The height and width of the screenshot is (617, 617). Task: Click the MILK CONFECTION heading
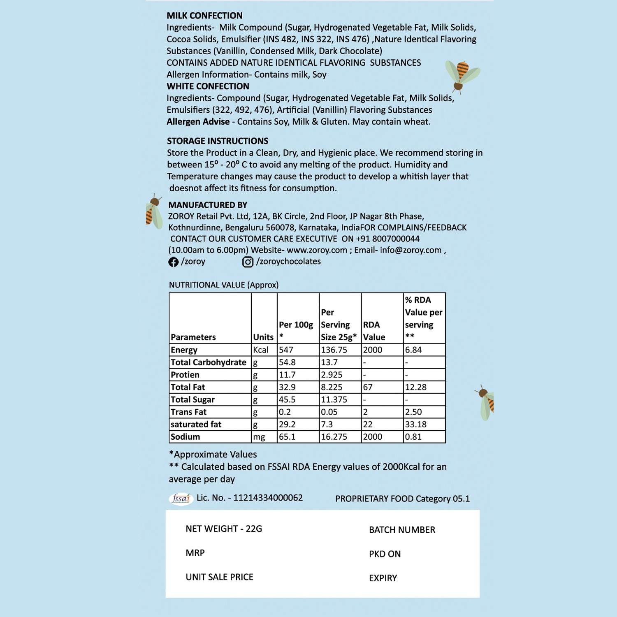pos(204,16)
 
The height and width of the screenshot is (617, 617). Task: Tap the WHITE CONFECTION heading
pos(208,86)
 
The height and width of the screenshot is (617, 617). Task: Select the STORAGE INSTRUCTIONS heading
pos(217,141)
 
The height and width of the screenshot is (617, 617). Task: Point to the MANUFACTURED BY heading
pos(208,205)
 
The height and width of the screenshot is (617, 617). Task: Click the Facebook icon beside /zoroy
pos(173,262)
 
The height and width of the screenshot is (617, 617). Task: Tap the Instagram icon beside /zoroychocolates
pos(248,262)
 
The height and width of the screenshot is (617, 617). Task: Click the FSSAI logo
pos(181,499)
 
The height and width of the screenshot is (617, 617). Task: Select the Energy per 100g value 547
pos(286,350)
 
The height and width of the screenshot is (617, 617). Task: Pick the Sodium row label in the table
pos(186,437)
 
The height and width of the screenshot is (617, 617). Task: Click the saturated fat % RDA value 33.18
pos(415,424)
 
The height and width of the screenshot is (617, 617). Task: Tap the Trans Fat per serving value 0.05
pos(329,412)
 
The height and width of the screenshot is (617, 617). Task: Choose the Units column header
pos(263,337)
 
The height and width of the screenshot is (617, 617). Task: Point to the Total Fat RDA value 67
pos(368,387)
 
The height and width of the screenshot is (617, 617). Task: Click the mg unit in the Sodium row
pos(259,437)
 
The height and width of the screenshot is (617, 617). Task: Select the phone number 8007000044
pos(396,239)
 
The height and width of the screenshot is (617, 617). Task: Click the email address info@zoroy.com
pos(411,250)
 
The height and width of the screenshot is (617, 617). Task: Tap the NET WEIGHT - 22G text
pos(224,529)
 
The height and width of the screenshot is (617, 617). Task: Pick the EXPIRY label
pos(383,578)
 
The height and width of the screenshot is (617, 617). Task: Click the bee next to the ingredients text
pos(462,75)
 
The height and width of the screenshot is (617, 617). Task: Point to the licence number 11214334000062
pos(268,498)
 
